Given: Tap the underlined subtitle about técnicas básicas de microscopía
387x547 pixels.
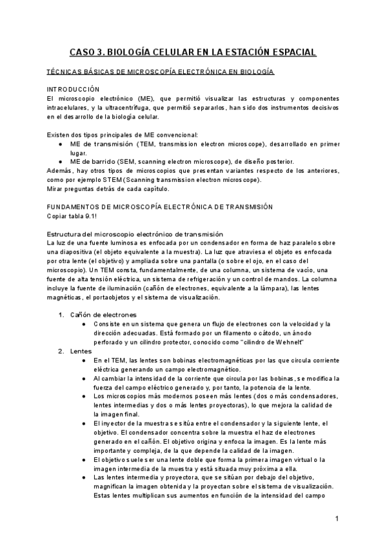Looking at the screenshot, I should [161, 72].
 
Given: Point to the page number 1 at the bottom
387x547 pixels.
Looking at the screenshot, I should [337, 519].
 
